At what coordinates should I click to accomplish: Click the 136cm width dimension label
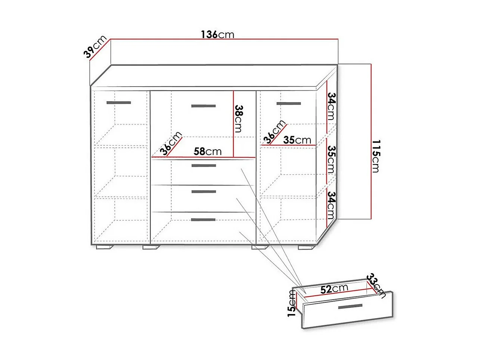(217, 34)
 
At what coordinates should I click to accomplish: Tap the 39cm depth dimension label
(95, 47)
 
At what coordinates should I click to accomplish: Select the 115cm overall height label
(376, 156)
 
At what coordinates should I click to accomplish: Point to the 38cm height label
(239, 119)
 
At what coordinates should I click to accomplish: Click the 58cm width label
(208, 151)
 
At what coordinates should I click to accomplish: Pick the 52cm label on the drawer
(334, 289)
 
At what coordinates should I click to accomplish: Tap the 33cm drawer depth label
(376, 286)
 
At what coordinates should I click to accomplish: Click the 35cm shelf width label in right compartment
(297, 140)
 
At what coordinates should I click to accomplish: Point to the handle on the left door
(119, 103)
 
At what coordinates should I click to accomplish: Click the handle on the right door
(289, 104)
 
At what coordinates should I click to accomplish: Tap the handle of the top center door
(203, 106)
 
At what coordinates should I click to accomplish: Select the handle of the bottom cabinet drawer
(203, 220)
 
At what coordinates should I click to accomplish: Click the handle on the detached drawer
(350, 307)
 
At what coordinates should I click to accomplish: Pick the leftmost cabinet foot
(105, 247)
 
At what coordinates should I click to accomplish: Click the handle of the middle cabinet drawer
(204, 192)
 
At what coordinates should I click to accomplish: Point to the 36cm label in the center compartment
(171, 143)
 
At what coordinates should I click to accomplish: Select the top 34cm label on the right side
(331, 107)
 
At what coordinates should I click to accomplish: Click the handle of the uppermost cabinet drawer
(204, 166)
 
